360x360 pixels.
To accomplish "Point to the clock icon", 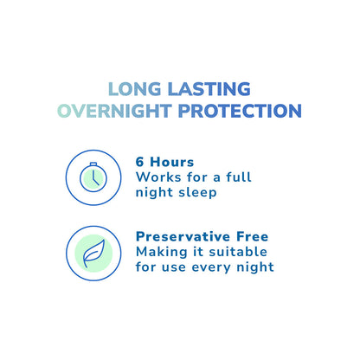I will [x=91, y=177].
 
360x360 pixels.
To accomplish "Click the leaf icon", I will [x=91, y=253].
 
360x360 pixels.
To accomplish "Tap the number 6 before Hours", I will [x=140, y=161].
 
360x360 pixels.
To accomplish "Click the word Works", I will [x=157, y=177].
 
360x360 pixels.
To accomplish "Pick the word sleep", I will [x=196, y=192].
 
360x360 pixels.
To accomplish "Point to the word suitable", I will [x=238, y=251].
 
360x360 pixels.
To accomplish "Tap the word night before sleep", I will [x=155, y=192].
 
